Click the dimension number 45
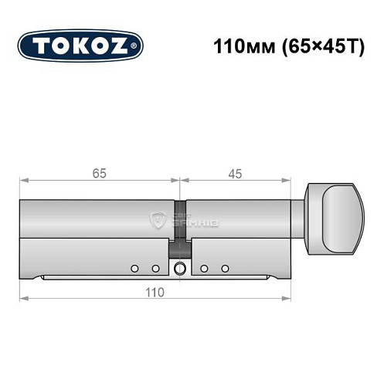(235, 174)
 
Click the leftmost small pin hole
(134, 268)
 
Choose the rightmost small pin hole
(226, 268)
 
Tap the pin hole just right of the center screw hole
(204, 268)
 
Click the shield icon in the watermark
(158, 221)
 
